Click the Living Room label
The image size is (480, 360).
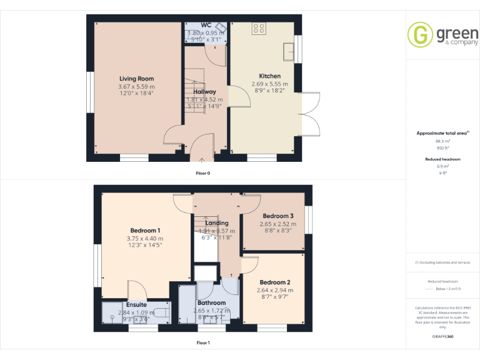click(x=136, y=78)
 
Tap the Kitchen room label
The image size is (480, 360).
click(x=269, y=76)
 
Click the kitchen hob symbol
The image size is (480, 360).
click(x=259, y=28)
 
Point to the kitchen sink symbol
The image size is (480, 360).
click(x=289, y=49)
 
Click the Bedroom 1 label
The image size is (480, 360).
click(x=145, y=231)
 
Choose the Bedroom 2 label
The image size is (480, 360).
click(x=275, y=282)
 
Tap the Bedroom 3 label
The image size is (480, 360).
click(x=278, y=216)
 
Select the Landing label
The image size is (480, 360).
click(x=217, y=222)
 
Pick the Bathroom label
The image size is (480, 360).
click(x=212, y=303)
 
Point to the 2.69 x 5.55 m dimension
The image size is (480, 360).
click(x=269, y=84)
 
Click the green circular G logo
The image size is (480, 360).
click(x=420, y=34)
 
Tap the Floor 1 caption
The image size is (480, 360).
click(x=203, y=342)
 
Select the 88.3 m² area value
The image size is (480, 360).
click(x=443, y=141)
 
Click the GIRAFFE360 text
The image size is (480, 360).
click(x=443, y=336)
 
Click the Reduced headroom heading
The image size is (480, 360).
click(x=443, y=159)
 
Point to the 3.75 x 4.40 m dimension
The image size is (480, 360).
click(x=145, y=238)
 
